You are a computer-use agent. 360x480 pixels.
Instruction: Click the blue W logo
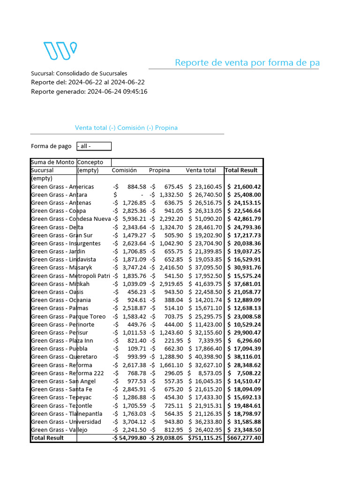(x=60, y=51)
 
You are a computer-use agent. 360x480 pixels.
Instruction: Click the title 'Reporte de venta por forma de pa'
(x=247, y=63)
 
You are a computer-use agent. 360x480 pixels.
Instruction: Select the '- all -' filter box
(x=94, y=146)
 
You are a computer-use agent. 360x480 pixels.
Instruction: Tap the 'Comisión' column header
(x=124, y=170)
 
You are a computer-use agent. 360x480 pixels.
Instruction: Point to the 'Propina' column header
(x=159, y=170)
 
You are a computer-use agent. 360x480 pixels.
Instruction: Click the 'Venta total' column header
(x=201, y=170)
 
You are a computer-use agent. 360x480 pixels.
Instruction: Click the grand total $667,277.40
(x=244, y=438)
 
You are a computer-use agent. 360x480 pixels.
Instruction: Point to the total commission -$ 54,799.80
(x=129, y=438)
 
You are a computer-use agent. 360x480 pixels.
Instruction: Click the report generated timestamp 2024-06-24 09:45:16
(x=118, y=91)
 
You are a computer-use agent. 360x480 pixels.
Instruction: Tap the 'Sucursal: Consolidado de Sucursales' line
(x=79, y=74)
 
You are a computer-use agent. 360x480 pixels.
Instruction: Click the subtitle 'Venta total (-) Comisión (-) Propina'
(x=126, y=128)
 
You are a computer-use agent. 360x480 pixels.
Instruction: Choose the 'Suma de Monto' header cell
(x=52, y=162)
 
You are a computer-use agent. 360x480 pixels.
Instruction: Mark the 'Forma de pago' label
(x=51, y=146)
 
